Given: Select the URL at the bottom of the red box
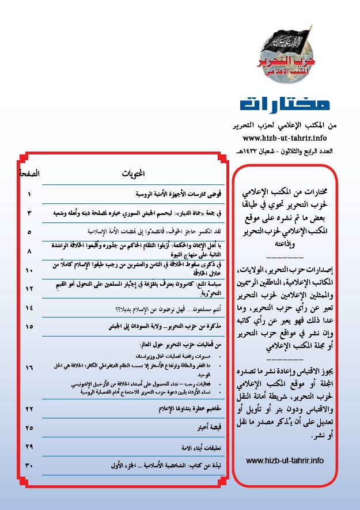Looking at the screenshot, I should [x=285, y=460].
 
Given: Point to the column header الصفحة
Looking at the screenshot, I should [x=28, y=173].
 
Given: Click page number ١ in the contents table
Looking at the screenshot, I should [x=28, y=194].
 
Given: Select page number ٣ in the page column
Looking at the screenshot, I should [x=28, y=213].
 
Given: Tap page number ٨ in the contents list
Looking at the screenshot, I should [x=28, y=252].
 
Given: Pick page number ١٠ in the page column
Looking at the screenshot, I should [x=28, y=270].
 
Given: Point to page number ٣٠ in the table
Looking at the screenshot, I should [x=28, y=465].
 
